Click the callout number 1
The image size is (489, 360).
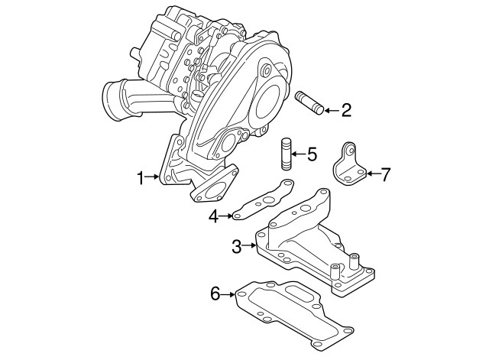tap(141, 178)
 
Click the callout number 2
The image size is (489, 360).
tap(345, 112)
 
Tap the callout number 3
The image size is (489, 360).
tap(237, 245)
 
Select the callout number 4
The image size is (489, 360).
tap(216, 216)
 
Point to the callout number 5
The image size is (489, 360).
tap(311, 155)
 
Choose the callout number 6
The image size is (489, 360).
tap(215, 292)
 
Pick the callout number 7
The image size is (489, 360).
tap(386, 174)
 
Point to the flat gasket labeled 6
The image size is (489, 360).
tap(290, 313)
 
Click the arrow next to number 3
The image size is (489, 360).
tap(251, 245)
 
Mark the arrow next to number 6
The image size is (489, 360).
tap(229, 292)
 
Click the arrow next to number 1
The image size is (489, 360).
tap(154, 178)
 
